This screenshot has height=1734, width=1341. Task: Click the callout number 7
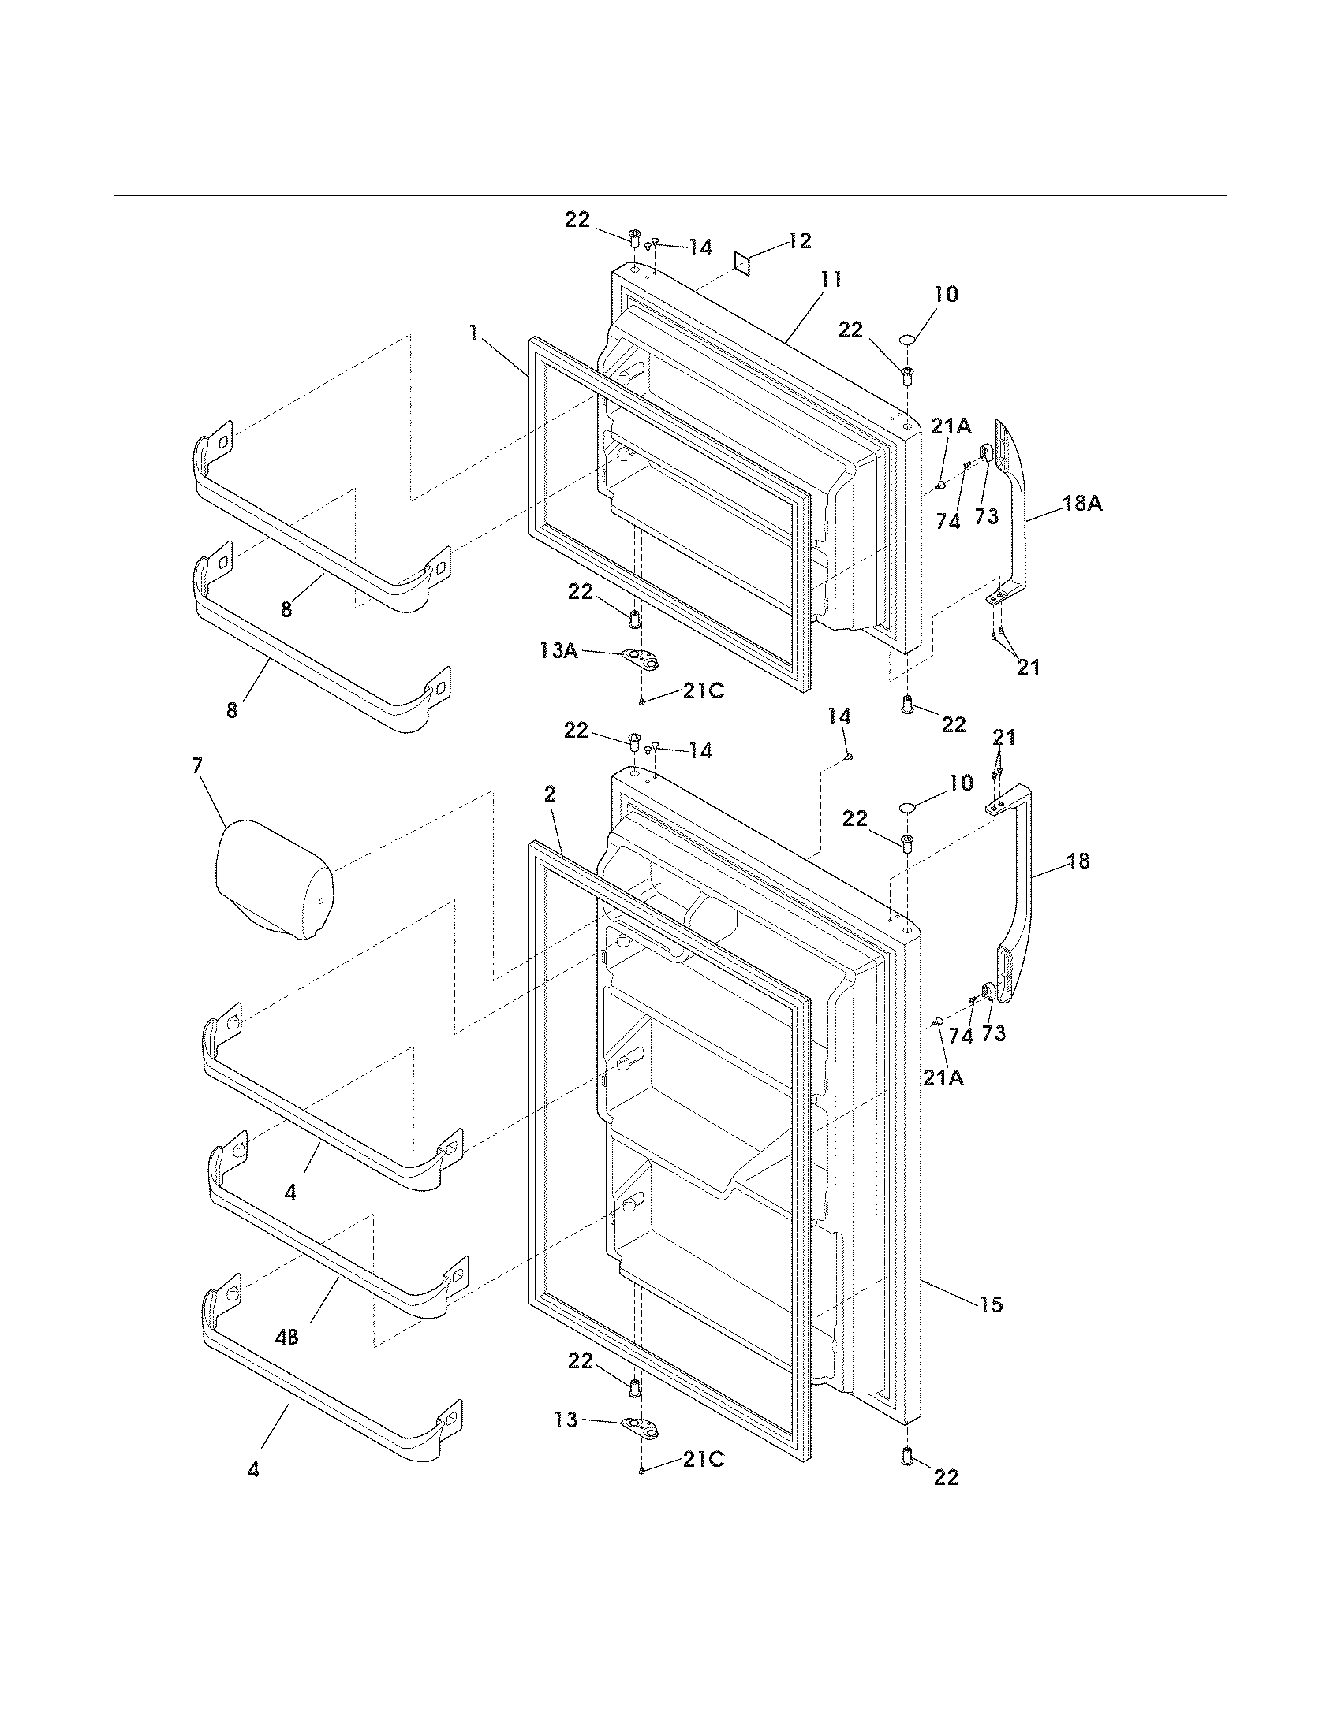(x=197, y=766)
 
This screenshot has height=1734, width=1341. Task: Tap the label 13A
(x=558, y=651)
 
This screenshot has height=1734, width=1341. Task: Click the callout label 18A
(x=1082, y=503)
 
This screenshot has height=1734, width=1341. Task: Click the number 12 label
(x=799, y=240)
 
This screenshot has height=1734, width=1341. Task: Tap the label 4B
(x=287, y=1337)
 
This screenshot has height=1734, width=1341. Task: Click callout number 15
(x=991, y=1304)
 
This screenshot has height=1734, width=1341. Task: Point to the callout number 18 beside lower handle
(x=1078, y=860)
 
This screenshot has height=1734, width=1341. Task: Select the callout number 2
(x=551, y=794)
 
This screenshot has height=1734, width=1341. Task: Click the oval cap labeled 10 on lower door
(x=908, y=807)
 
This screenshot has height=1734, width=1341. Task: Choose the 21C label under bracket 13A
(x=703, y=690)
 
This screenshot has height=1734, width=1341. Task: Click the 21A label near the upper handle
(x=951, y=426)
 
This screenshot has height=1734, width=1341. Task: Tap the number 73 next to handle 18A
(x=986, y=517)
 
